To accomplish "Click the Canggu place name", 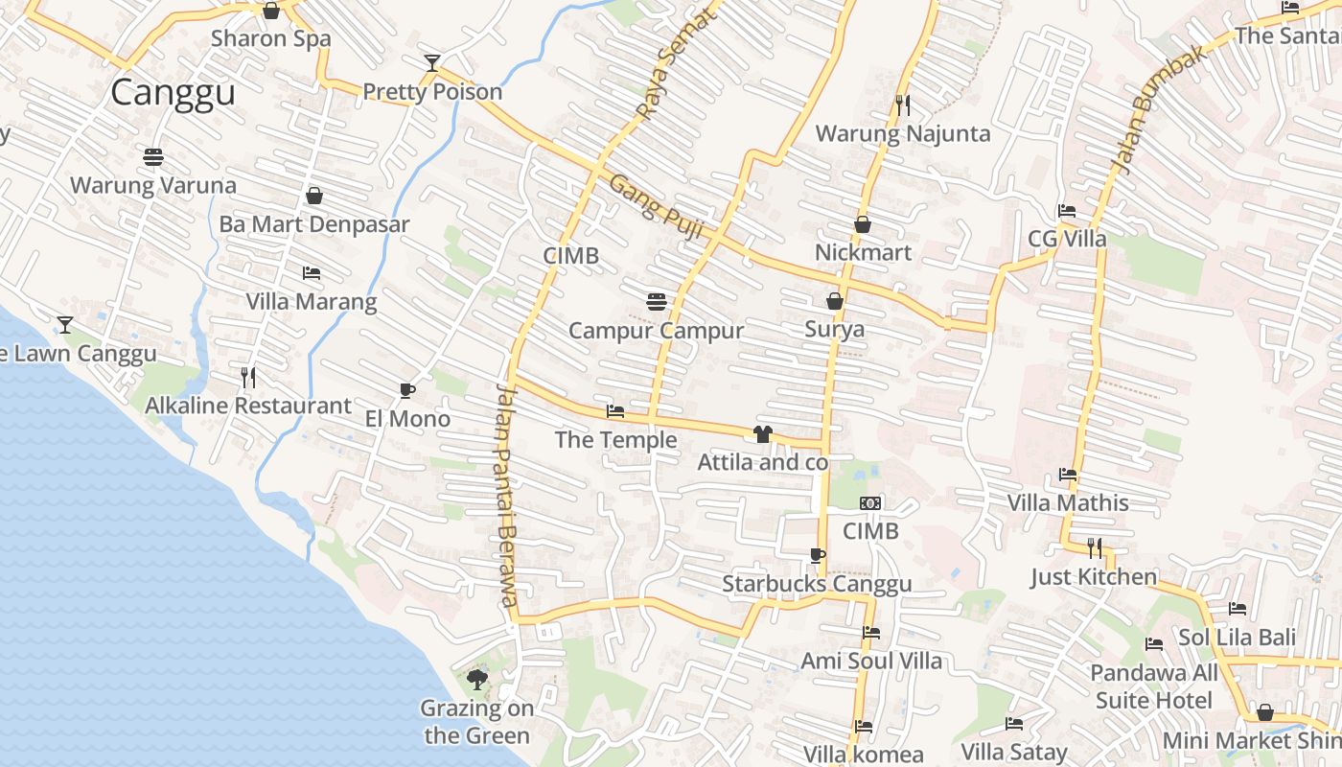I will pos(173,93).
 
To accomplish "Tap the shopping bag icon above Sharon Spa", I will pos(271,11).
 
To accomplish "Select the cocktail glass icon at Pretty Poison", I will pos(432,63).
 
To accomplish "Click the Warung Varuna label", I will pos(153,185).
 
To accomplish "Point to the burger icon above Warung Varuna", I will pos(153,156).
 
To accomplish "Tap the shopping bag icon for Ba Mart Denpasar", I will pos(313,197).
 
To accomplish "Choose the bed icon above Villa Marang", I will pos(312,273).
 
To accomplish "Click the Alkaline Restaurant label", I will pos(248,406).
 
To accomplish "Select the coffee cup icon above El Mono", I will pos(407,390).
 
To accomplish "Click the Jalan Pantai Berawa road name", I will pos(507,495).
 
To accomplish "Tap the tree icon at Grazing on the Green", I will pos(476,680).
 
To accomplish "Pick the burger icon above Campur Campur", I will pos(657,302).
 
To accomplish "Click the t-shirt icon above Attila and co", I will pos(763,434).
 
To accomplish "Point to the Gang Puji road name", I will pos(658,207).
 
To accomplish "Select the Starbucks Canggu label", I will pos(817,584).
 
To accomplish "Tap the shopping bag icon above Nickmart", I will pos(863,225).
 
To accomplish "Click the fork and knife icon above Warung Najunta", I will pos(902,105).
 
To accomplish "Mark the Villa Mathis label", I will pos(1068,502).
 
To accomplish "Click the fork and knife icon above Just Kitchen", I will pos(1095,547).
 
